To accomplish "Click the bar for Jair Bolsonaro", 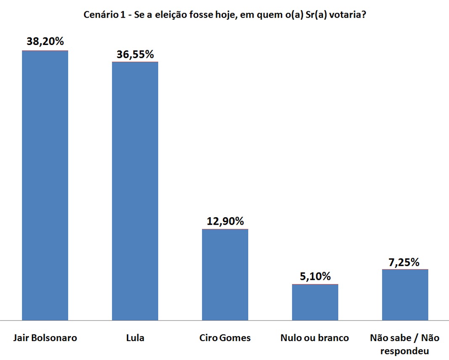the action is click(45, 185).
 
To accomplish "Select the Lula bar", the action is click(135, 191).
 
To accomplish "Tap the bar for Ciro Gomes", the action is click(225, 275).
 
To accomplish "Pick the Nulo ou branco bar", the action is click(315, 302).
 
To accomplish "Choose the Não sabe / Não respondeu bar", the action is click(405, 295).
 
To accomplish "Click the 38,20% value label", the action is click(45, 42).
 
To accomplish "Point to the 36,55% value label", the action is click(135, 54).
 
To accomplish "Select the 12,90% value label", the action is click(225, 221).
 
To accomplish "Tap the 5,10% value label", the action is click(315, 276).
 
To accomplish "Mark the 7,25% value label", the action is click(404, 262).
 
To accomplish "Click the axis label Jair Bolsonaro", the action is click(45, 338).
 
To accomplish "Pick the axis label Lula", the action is click(135, 338).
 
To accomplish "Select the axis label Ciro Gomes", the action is click(225, 338).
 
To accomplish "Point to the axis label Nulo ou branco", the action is click(315, 338).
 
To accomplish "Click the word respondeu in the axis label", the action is click(404, 351).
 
